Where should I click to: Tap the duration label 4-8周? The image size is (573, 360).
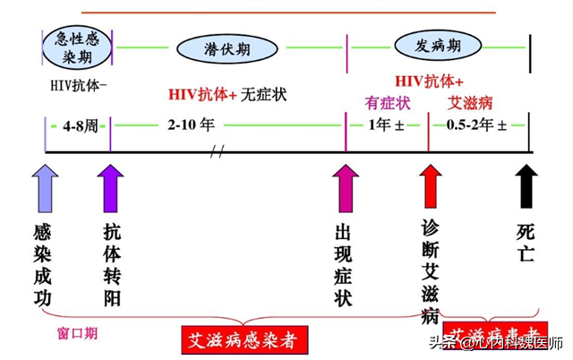[78, 125]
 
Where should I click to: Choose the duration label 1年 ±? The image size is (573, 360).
[387, 125]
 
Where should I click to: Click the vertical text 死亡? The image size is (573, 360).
[526, 242]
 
